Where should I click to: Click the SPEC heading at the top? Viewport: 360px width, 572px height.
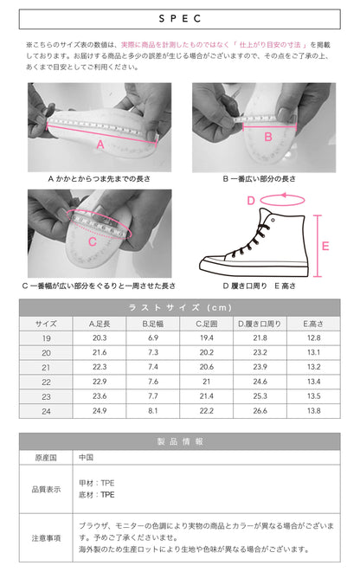click(179, 17)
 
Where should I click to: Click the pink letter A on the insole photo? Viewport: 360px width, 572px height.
click(100, 145)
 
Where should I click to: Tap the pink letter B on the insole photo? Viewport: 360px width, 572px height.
click(267, 136)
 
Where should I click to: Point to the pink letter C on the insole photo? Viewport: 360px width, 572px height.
click(93, 241)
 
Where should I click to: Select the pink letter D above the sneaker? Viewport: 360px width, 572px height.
click(251, 201)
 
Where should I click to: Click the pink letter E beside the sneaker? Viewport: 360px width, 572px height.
click(325, 246)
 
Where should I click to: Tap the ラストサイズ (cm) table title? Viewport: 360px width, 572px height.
click(179, 308)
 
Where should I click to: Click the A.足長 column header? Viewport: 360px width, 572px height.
click(99, 323)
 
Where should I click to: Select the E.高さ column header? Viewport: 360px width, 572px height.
click(313, 323)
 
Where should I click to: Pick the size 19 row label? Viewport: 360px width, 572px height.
click(46, 337)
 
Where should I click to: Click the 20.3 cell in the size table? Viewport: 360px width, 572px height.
click(99, 337)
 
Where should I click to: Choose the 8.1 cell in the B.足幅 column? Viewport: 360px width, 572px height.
click(152, 410)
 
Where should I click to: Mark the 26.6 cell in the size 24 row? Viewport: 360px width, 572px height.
click(260, 410)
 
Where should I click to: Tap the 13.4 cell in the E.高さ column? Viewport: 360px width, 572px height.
click(313, 382)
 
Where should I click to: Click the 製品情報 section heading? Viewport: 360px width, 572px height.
click(179, 441)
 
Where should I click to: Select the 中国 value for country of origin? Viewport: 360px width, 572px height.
click(86, 457)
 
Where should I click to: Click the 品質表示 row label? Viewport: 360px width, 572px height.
click(46, 489)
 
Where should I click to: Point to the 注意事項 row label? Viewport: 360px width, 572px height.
click(46, 537)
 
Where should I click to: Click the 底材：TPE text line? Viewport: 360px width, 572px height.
click(96, 496)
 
